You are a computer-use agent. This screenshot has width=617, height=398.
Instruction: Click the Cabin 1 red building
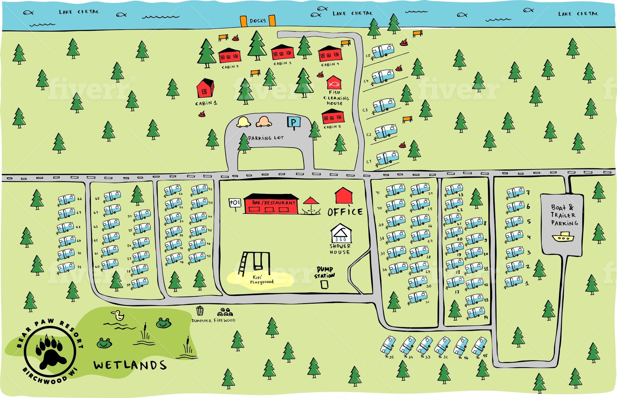coord(205,89)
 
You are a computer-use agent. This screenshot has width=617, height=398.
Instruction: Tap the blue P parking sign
coord(293,123)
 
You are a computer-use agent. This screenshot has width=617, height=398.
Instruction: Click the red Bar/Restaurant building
coord(271,204)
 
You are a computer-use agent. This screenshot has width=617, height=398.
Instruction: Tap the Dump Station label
coord(324,272)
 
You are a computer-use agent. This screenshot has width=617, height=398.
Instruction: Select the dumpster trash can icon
coord(200,311)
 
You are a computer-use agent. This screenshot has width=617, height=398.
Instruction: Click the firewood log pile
coord(225,312)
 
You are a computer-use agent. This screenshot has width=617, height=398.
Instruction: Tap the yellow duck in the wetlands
coord(118,316)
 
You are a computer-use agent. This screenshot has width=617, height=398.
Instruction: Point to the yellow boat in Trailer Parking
coord(563,237)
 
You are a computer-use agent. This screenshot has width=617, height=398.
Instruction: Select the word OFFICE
coord(345,212)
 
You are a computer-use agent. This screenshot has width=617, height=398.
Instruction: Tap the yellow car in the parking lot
coord(244,122)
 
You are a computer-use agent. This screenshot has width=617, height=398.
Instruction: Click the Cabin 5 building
coord(332,116)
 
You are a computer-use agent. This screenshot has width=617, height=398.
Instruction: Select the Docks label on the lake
coord(258,21)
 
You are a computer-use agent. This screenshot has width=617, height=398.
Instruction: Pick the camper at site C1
coord(387,158)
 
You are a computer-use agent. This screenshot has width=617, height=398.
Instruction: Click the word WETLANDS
coord(130,365)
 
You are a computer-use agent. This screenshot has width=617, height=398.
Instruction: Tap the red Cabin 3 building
coord(282,53)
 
